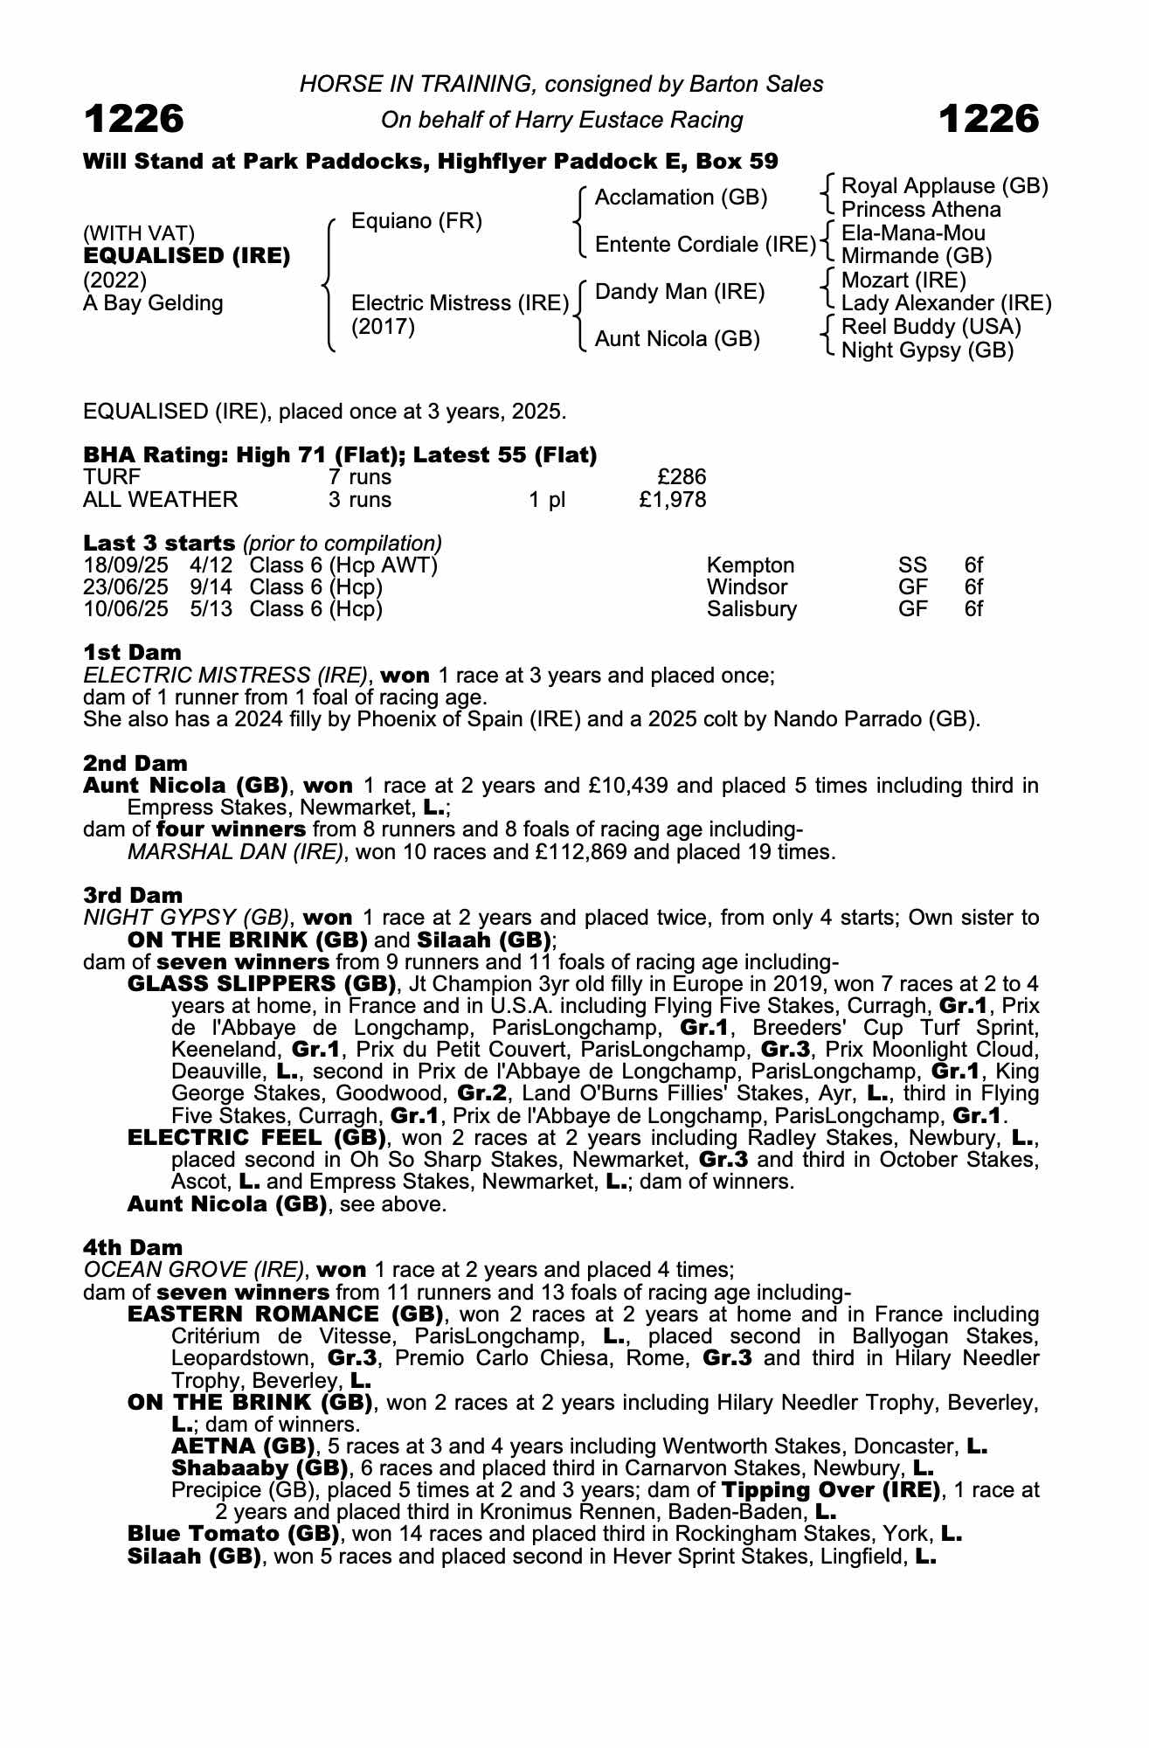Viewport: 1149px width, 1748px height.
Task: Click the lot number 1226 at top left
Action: click(x=134, y=119)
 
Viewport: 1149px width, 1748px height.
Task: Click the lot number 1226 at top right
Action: click(x=989, y=119)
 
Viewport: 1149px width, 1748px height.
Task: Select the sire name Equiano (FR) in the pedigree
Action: click(x=416, y=221)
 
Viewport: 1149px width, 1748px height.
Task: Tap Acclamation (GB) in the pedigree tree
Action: click(x=681, y=198)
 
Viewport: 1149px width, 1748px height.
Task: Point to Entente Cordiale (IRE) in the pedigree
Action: click(x=705, y=245)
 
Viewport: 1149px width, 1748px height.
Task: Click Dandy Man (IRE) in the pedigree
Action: click(x=680, y=292)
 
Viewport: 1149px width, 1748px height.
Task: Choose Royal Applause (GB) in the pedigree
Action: click(x=944, y=186)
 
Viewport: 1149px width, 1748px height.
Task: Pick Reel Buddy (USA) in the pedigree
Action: click(x=931, y=327)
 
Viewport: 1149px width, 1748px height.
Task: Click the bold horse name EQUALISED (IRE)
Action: click(x=187, y=256)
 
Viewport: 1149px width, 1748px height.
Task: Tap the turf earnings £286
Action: click(x=682, y=477)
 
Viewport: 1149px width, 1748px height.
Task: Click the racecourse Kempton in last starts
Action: click(x=751, y=565)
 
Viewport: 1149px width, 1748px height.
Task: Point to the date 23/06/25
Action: click(x=126, y=587)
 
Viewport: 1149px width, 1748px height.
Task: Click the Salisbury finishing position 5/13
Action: click(x=211, y=609)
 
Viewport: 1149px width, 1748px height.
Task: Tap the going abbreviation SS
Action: click(x=913, y=565)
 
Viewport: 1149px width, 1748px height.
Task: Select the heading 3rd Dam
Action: click(x=133, y=895)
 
